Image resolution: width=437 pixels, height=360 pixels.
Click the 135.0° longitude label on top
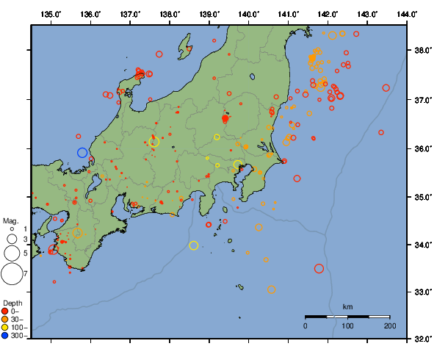click(x=51, y=14)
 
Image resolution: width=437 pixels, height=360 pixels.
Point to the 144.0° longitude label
click(x=408, y=14)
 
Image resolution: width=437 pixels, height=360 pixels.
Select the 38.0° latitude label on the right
click(x=422, y=51)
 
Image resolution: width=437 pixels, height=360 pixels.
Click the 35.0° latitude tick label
click(x=422, y=197)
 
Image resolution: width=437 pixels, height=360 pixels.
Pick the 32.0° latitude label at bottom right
click(x=422, y=339)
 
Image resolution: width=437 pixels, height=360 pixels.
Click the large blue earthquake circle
click(x=82, y=153)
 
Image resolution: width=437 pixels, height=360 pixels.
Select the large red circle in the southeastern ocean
click(x=319, y=269)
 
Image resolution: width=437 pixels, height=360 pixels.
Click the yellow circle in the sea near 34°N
click(x=194, y=245)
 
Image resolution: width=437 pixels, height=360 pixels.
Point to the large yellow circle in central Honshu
click(x=154, y=142)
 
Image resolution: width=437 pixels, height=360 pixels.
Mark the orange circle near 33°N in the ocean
click(x=271, y=289)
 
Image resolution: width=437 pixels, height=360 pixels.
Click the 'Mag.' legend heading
click(x=10, y=220)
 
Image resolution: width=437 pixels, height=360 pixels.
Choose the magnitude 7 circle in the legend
click(x=12, y=274)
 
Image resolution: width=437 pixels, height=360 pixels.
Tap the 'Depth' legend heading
click(x=12, y=303)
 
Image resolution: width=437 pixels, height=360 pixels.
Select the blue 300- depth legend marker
click(x=6, y=336)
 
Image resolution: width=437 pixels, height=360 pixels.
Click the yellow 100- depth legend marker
click(x=6, y=327)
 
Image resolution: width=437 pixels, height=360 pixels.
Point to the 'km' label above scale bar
click(x=347, y=306)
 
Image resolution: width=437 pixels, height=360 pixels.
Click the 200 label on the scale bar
click(x=389, y=325)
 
